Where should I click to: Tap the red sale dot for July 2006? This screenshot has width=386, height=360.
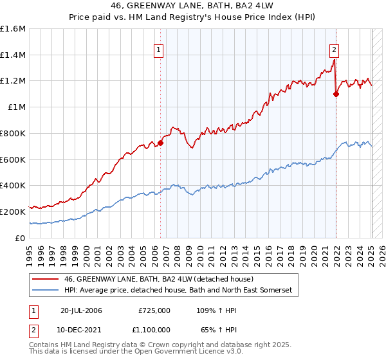click(x=160, y=143)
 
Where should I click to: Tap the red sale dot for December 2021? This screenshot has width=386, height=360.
click(x=336, y=94)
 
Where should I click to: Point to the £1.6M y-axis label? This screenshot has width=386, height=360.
click(x=13, y=29)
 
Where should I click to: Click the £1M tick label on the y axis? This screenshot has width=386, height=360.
click(x=17, y=107)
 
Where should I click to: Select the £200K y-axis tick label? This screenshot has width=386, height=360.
click(x=13, y=212)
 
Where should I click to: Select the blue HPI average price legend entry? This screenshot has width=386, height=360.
click(x=178, y=291)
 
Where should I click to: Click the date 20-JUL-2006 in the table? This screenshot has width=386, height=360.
click(x=81, y=310)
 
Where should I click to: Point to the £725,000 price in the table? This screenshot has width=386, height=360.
click(x=154, y=310)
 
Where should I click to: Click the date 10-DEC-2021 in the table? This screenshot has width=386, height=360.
click(x=81, y=329)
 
